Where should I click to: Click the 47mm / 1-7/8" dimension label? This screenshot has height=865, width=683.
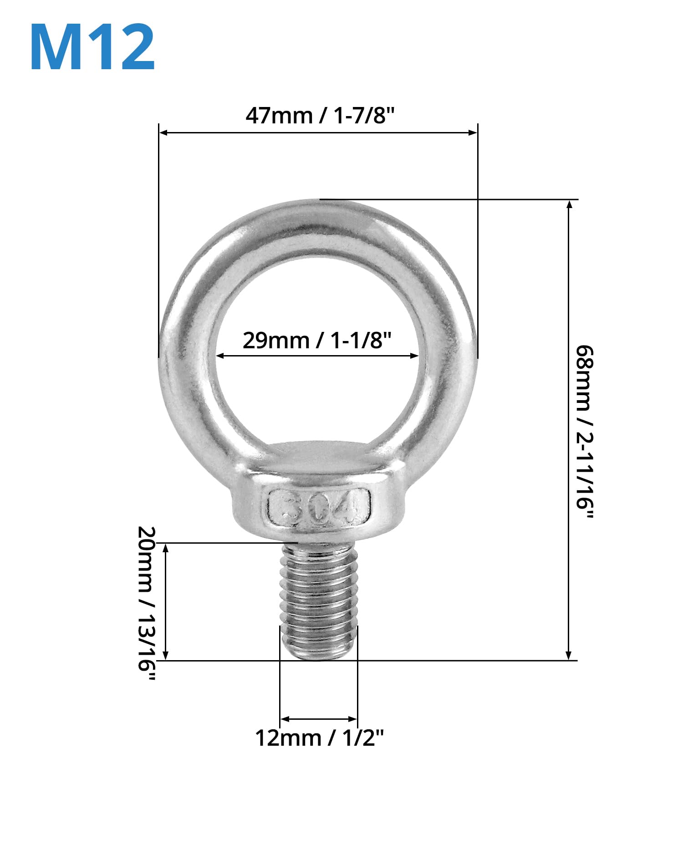(319, 116)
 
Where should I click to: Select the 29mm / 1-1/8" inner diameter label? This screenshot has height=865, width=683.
(317, 340)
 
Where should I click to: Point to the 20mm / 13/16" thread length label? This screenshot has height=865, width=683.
(147, 604)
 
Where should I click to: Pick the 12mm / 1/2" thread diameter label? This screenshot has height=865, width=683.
(319, 738)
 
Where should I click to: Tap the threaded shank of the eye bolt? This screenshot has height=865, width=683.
(319, 601)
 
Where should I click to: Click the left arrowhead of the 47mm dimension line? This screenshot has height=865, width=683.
(163, 132)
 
